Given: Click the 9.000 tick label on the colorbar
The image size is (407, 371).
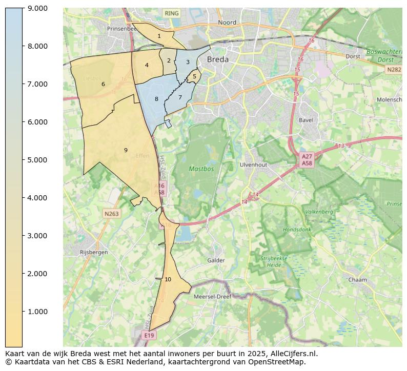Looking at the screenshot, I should click(x=38, y=8).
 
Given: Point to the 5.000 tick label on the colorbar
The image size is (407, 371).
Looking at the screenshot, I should click(x=38, y=160).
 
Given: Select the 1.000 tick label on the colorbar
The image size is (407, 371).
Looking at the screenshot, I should click(x=38, y=312).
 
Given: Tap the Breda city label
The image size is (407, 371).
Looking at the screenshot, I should click(x=218, y=59).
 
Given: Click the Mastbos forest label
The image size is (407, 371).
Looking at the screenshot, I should click(x=201, y=169).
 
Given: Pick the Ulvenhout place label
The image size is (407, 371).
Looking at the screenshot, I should click(x=253, y=165).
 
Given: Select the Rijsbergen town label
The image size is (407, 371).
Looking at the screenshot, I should click(x=94, y=252).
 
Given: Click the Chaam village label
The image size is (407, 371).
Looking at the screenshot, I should click(x=357, y=280).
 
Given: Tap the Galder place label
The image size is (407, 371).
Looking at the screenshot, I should click(x=216, y=260).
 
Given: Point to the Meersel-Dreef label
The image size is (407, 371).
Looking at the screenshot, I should click(x=212, y=297).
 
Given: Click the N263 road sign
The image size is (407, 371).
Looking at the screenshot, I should click(x=111, y=214).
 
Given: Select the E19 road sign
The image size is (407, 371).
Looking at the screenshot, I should click(x=149, y=335).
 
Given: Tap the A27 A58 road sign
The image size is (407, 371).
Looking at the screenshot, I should click(x=307, y=160).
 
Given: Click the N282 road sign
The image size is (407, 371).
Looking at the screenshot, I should click(x=394, y=70).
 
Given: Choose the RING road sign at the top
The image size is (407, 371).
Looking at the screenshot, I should click(x=172, y=13).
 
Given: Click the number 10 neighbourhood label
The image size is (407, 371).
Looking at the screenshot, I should click(x=168, y=279).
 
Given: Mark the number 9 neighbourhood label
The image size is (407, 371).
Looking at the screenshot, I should click(x=126, y=150).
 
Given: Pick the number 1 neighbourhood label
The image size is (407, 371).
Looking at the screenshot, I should click(x=159, y=36).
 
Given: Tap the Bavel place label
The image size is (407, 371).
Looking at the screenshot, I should click(x=306, y=120).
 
